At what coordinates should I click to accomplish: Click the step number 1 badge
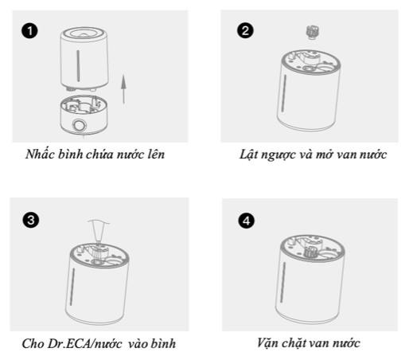point(29,31)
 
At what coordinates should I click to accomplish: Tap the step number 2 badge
point(245,30)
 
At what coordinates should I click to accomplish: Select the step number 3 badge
point(31,220)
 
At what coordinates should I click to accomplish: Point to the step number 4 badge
point(247,221)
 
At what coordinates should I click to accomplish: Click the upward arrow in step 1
point(123,89)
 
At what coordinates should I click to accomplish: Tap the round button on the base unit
point(80,125)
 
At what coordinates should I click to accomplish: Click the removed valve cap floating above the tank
point(313,33)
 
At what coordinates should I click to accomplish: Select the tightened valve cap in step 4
point(310,251)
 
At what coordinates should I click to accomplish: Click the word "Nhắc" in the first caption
point(40,154)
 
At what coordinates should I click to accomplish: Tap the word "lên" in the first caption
point(156,155)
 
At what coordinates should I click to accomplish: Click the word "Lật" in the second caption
point(248,155)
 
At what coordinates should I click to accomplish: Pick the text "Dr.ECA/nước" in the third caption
point(85,344)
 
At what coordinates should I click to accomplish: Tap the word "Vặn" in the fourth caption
point(267,342)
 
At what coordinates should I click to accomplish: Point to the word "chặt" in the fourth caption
point(293,342)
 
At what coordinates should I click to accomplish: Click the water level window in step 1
point(78,66)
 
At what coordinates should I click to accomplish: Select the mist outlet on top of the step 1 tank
point(84,33)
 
